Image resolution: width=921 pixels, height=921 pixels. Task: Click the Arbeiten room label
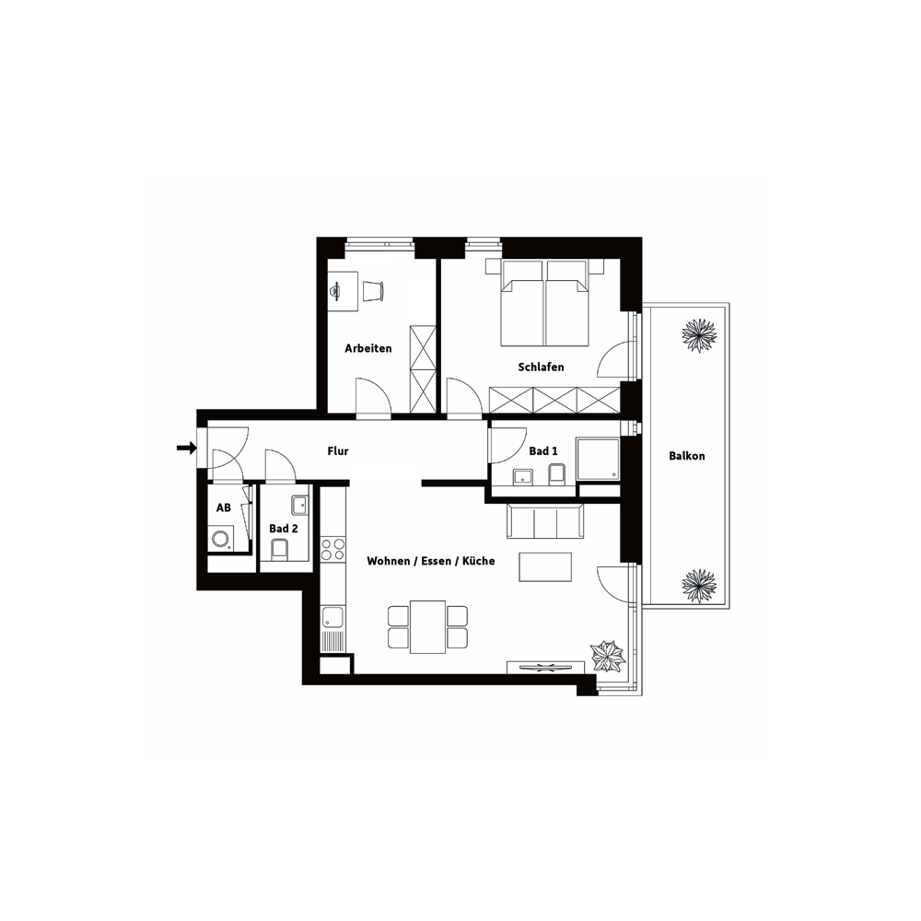tap(367, 348)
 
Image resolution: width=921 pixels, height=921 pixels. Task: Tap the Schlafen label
tap(541, 367)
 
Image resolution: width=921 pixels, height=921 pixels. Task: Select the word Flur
tap(338, 451)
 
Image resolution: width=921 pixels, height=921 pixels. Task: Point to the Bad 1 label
tap(543, 451)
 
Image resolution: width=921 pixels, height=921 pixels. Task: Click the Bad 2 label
tap(283, 529)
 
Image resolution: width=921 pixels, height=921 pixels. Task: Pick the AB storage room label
tap(223, 507)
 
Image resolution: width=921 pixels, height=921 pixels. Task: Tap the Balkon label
tap(687, 456)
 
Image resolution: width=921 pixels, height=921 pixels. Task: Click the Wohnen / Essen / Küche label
tap(430, 561)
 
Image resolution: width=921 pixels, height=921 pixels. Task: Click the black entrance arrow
tap(186, 449)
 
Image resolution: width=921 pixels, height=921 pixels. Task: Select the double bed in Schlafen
tap(544, 302)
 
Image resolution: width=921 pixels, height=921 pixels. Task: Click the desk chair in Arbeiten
tap(373, 291)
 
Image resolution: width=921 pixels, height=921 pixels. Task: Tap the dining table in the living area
tap(427, 626)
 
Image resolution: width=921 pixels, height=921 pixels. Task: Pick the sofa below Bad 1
tap(545, 520)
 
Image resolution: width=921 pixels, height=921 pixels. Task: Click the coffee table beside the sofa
tap(545, 566)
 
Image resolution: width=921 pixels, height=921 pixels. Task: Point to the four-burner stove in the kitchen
tap(332, 550)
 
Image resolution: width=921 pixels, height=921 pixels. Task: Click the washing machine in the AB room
tap(221, 539)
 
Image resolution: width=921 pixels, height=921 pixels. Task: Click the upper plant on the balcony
tap(699, 335)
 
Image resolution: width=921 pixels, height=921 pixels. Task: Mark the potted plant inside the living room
tap(608, 656)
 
